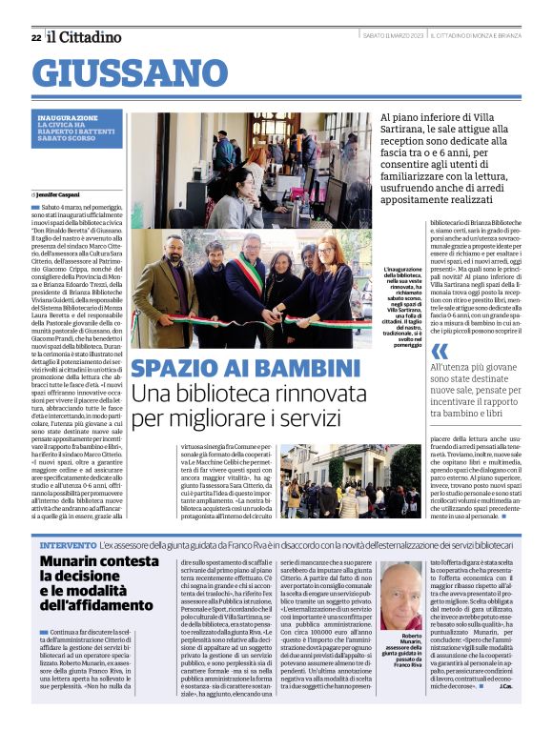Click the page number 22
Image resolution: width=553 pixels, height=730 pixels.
coord(35,37)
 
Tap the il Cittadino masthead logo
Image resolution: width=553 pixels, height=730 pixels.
coord(86,36)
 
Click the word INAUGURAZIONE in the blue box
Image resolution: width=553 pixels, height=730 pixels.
coord(68,117)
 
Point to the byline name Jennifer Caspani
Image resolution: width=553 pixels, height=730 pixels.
coord(64,194)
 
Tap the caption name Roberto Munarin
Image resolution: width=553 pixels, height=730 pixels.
coord(405,639)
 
